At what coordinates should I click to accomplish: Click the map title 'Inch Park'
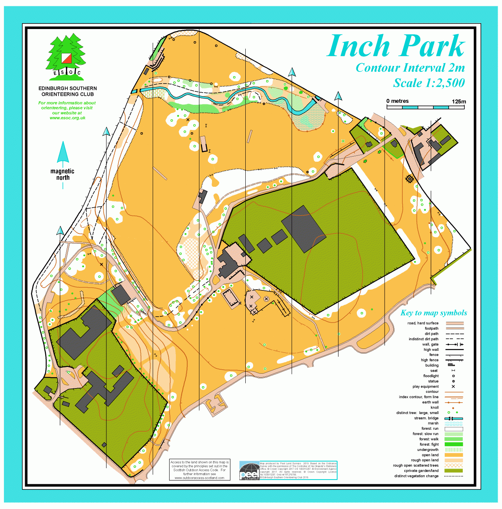(x=396, y=46)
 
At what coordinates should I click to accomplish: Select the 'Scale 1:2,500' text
(x=429, y=83)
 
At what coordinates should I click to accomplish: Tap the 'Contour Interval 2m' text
(x=410, y=68)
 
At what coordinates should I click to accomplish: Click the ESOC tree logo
(x=66, y=57)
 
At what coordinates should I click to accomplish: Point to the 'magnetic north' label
(x=62, y=174)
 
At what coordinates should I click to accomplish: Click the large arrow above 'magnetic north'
(x=63, y=153)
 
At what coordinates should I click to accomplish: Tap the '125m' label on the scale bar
(x=458, y=101)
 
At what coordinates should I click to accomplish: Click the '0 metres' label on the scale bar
(x=397, y=101)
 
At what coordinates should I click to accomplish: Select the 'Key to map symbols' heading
(x=433, y=313)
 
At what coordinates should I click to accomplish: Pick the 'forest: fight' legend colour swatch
(x=454, y=445)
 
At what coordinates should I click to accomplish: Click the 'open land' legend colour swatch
(x=454, y=455)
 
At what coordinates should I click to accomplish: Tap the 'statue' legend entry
(x=433, y=381)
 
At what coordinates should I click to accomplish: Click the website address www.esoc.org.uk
(x=67, y=118)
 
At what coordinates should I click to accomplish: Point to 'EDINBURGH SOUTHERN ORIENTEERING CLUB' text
(x=68, y=91)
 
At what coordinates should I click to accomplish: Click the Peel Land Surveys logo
(x=249, y=471)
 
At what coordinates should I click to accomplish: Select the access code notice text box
(x=199, y=470)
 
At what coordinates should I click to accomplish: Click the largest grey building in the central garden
(x=303, y=228)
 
